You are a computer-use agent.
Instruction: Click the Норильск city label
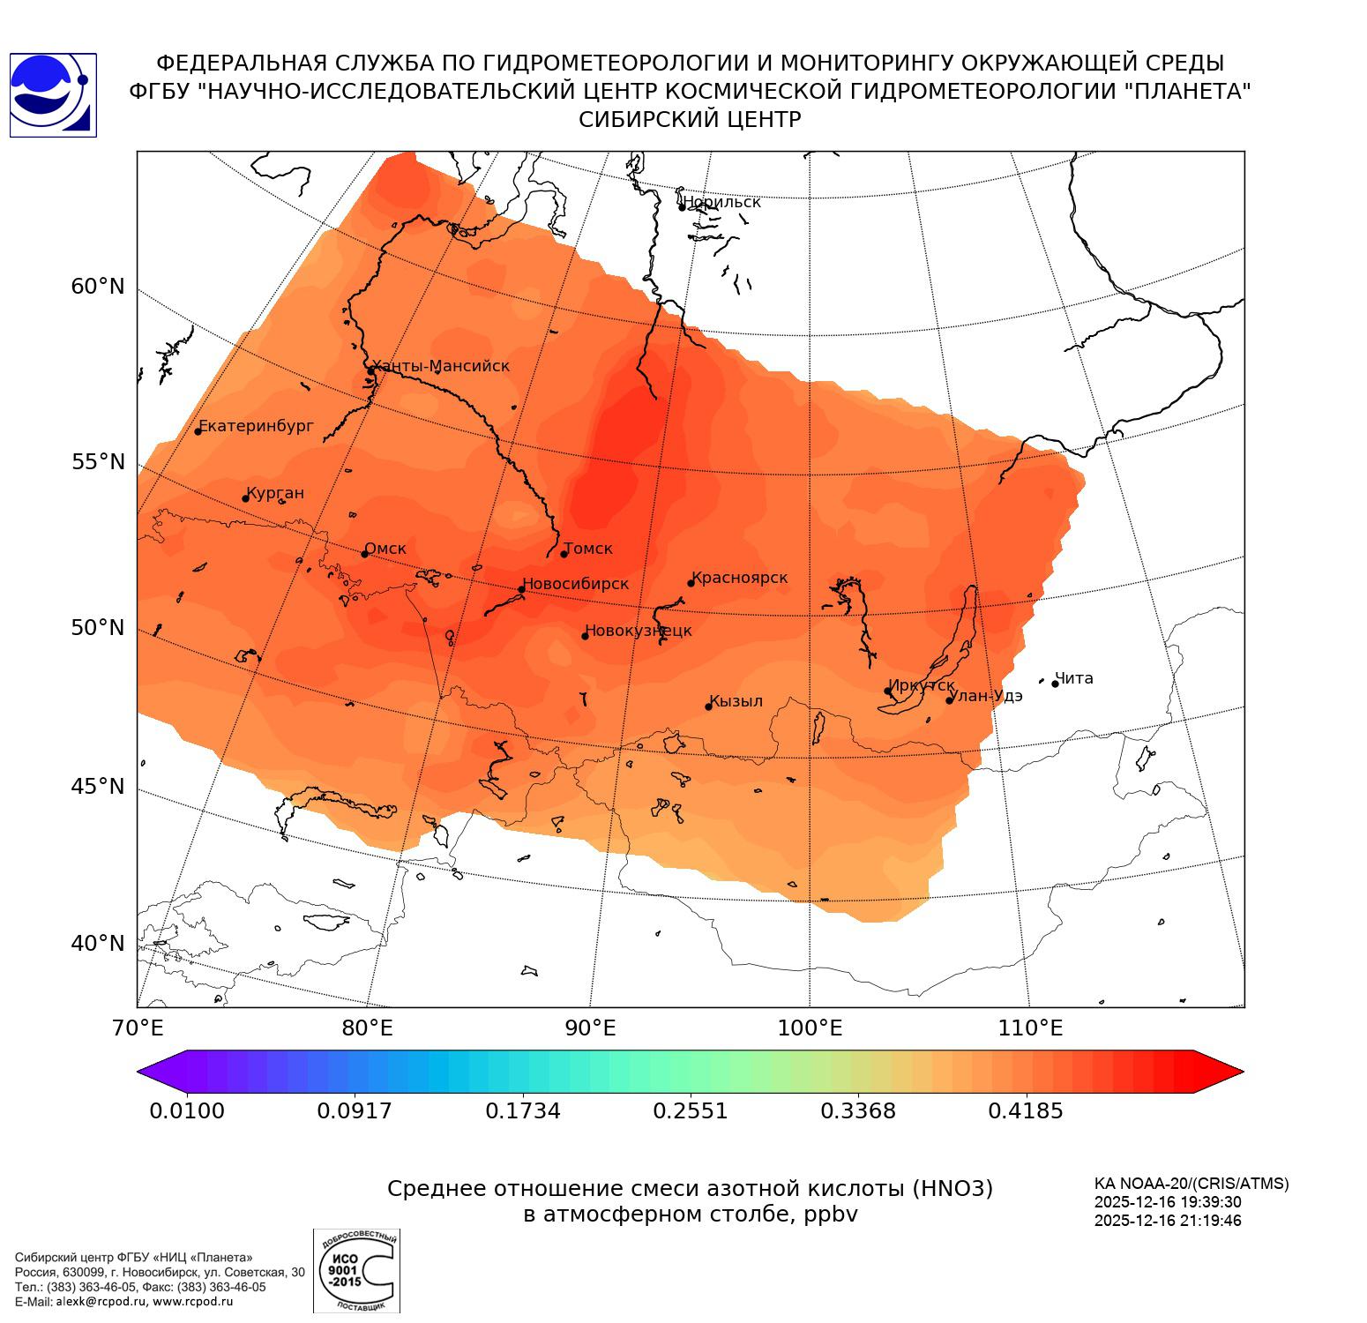pyautogui.click(x=721, y=202)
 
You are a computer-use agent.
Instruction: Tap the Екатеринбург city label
pyautogui.click(x=256, y=426)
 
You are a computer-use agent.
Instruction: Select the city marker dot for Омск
pyautogui.click(x=364, y=554)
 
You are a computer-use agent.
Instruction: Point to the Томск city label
pyautogui.click(x=587, y=549)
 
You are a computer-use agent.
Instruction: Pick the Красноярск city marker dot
pyautogui.click(x=691, y=583)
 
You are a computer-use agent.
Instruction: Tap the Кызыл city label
pyautogui.click(x=736, y=701)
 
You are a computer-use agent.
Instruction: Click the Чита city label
pyautogui.click(x=1074, y=678)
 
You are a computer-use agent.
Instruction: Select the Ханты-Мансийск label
pyautogui.click(x=440, y=366)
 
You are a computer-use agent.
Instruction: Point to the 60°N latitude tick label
pyautogui.click(x=98, y=287)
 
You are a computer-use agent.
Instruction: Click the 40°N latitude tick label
pyautogui.click(x=98, y=944)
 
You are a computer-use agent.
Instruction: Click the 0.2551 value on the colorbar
pyautogui.click(x=691, y=1110)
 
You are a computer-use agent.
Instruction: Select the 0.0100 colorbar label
pyautogui.click(x=187, y=1110)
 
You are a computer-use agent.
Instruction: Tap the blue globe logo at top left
pyautogui.click(x=53, y=95)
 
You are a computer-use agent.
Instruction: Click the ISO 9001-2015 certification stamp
pyautogui.click(x=356, y=1271)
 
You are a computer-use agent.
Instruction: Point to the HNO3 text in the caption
pyautogui.click(x=952, y=1189)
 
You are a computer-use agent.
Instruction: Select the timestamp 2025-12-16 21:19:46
pyautogui.click(x=1168, y=1222)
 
